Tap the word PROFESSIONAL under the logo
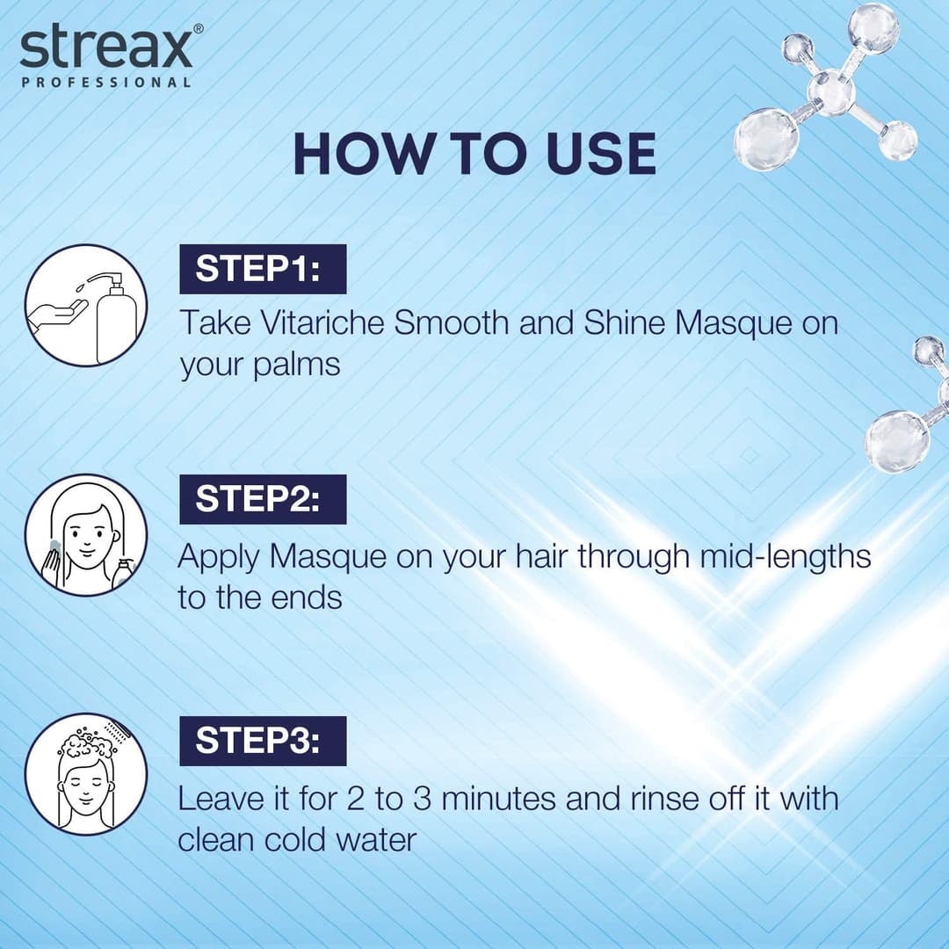105,83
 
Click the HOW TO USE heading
474,154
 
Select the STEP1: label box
263,269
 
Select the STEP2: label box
263,499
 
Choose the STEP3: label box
263,741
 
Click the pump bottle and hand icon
85,305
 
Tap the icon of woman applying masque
85,535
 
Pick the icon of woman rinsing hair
85,773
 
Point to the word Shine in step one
625,322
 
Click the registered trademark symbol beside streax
198,28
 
